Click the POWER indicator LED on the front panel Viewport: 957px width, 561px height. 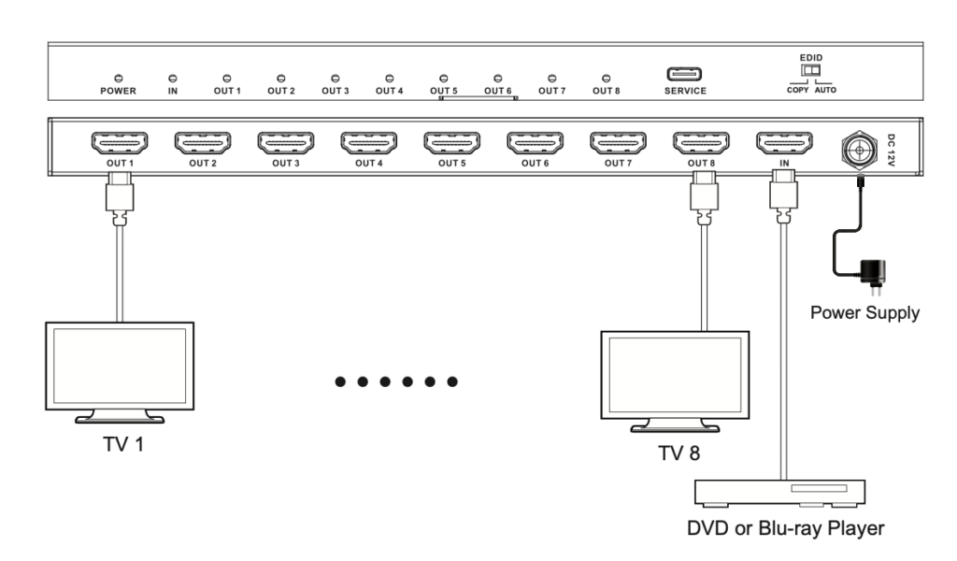(120, 78)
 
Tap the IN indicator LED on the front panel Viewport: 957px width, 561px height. (172, 78)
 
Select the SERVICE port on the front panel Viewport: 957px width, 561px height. (685, 75)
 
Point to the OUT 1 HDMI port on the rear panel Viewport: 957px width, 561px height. (118, 143)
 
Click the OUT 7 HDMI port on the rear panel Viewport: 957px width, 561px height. (617, 143)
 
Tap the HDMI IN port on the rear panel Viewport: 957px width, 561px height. (782, 143)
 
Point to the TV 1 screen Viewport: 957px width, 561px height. (121, 366)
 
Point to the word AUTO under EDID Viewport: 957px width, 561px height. (826, 91)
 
